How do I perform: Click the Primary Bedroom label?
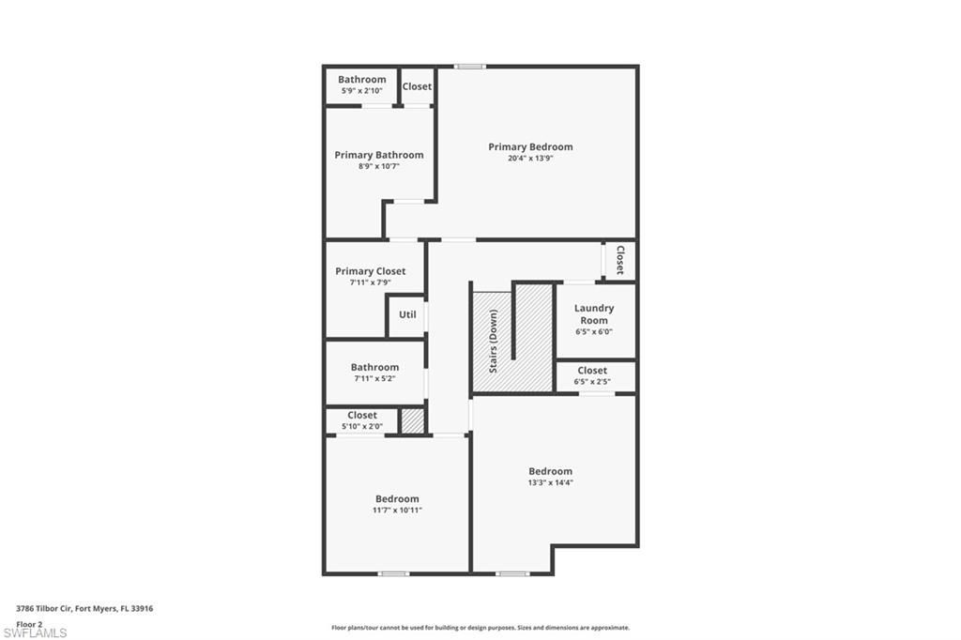click(530, 146)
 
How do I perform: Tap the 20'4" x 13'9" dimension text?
click(530, 159)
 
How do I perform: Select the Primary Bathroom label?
click(379, 155)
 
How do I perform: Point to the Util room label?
click(407, 314)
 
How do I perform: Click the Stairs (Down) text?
click(493, 342)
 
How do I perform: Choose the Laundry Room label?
click(594, 313)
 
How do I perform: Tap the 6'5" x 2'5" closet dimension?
click(592, 382)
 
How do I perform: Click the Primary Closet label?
click(371, 271)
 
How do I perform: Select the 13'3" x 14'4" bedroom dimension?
click(550, 482)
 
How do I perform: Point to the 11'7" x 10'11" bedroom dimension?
click(397, 510)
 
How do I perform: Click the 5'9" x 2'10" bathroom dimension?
click(362, 90)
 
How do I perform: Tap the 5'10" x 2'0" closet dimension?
click(362, 426)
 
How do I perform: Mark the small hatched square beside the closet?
click(412, 420)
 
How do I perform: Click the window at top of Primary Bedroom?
click(469, 66)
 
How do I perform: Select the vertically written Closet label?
click(619, 260)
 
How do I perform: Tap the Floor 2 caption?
click(29, 623)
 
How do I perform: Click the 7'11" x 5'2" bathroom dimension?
click(374, 378)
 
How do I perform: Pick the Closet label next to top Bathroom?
click(417, 86)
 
